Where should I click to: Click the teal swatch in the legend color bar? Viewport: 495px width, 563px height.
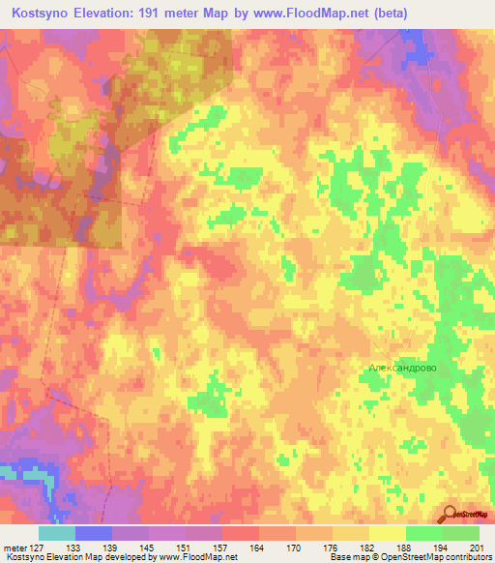tap(57, 533)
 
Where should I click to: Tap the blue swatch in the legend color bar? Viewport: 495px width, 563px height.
tap(94, 533)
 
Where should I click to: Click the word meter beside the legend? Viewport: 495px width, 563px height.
tap(15, 548)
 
